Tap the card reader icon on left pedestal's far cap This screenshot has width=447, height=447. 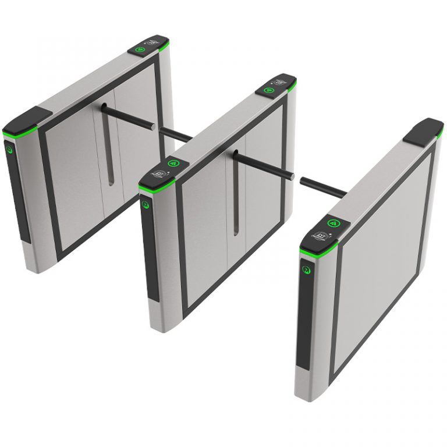[x=154, y=42]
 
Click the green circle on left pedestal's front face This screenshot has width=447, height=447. [x=10, y=148]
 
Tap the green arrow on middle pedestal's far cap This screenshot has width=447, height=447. [x=269, y=90]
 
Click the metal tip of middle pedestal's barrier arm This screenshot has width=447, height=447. [x=292, y=176]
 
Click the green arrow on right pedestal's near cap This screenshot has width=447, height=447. [x=334, y=223]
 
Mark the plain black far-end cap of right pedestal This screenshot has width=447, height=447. [x=423, y=131]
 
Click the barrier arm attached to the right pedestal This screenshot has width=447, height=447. [x=323, y=186]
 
